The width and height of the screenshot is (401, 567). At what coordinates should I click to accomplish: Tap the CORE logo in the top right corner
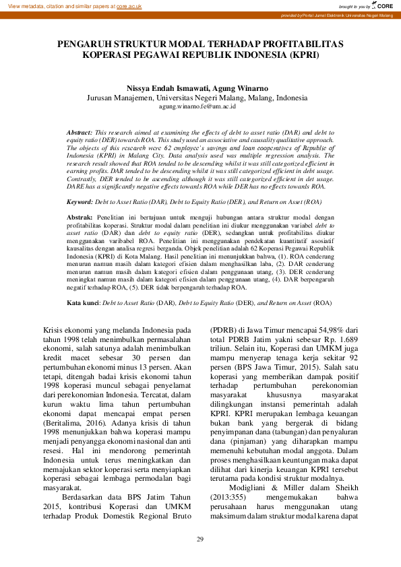(382, 5)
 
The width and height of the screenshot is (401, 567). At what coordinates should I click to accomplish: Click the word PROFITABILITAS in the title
(302, 44)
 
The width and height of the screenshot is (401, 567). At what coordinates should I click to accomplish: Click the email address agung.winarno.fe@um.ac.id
(197, 106)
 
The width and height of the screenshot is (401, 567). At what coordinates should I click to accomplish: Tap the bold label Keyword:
(80, 202)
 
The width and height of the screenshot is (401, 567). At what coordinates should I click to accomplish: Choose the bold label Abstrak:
(80, 217)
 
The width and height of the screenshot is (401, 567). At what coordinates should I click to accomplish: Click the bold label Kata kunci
(83, 304)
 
